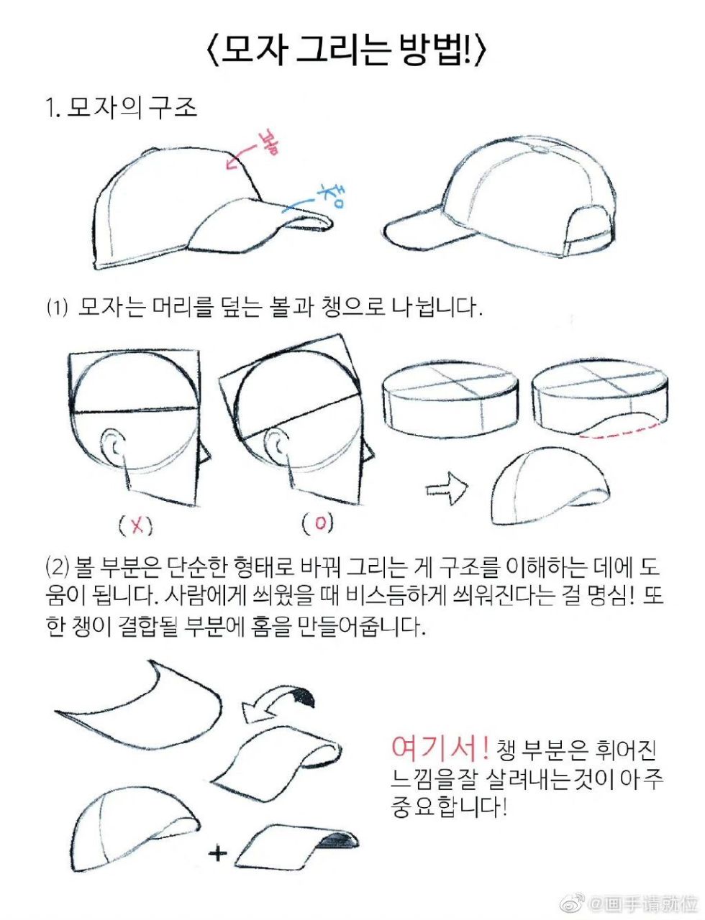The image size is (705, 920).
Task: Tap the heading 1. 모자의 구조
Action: [x=122, y=109]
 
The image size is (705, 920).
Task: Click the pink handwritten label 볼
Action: [x=268, y=143]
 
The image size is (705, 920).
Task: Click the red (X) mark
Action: [x=136, y=526]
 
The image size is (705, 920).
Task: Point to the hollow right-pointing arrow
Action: [x=446, y=488]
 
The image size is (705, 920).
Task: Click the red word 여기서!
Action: [x=440, y=748]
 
